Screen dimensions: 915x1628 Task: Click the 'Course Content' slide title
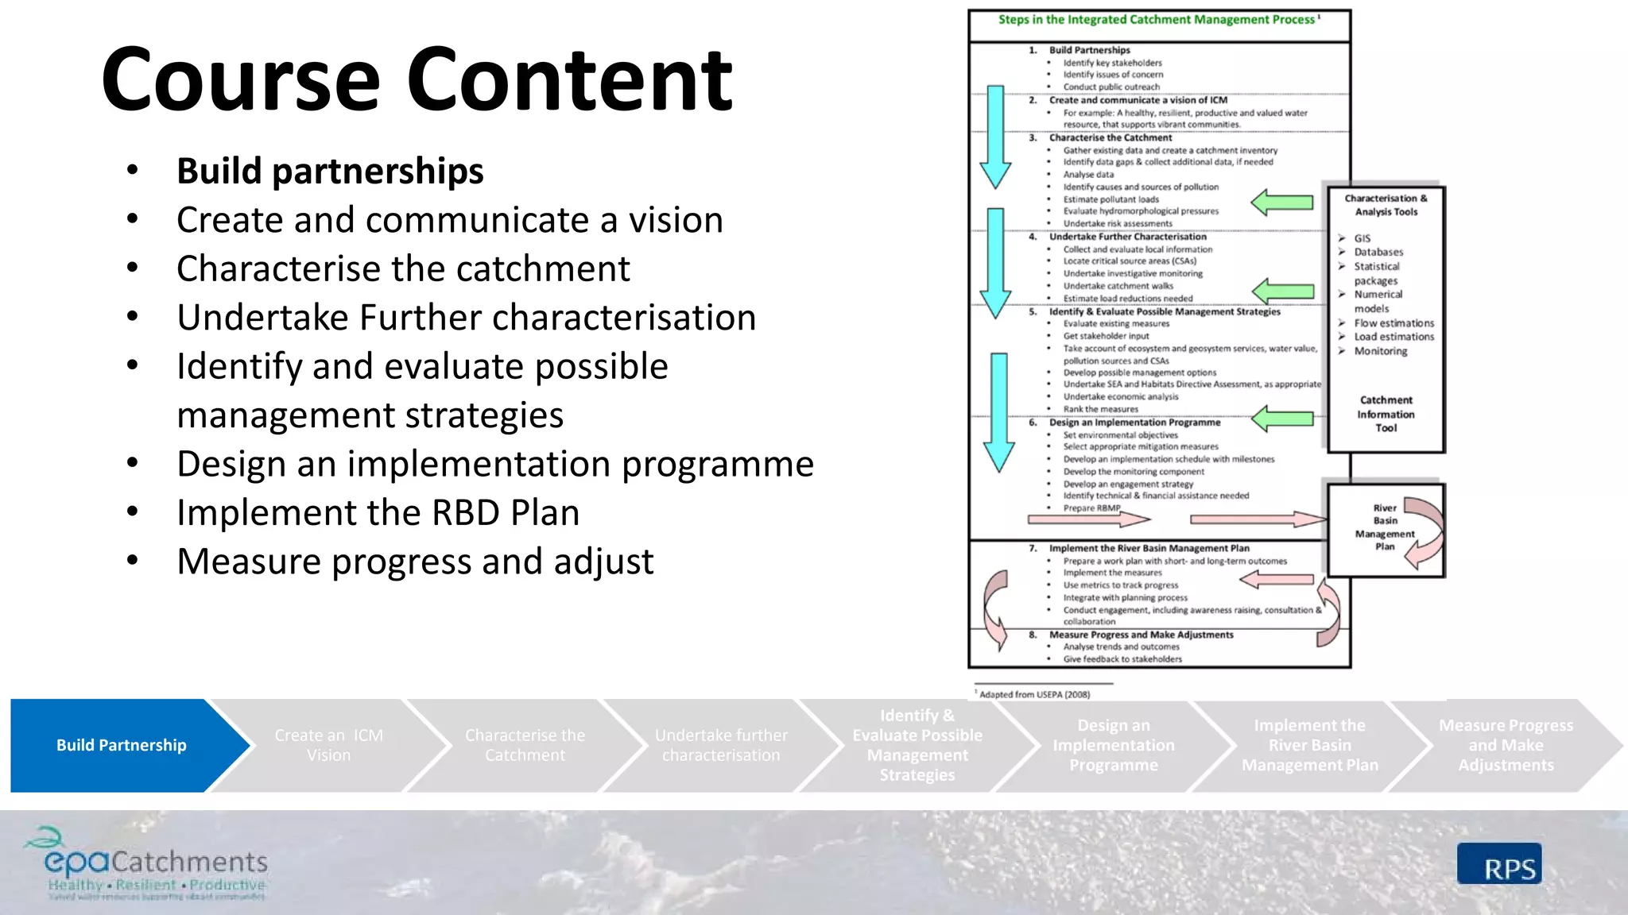click(417, 79)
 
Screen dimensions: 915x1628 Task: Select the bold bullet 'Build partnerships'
click(330, 171)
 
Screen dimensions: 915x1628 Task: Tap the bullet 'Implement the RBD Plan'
click(378, 512)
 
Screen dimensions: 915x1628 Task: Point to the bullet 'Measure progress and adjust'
click(415, 562)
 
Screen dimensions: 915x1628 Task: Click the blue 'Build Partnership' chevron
click(122, 745)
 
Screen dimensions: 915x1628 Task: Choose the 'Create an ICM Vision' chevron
click(328, 745)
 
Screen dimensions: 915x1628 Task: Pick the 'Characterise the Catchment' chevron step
click(525, 745)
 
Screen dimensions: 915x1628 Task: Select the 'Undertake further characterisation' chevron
click(721, 745)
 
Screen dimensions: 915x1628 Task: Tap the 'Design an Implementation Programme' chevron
click(1113, 745)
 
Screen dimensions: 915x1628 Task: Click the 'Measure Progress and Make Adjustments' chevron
click(1506, 745)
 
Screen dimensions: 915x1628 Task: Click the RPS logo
click(1499, 865)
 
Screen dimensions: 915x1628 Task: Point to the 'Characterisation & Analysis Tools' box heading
click(1386, 205)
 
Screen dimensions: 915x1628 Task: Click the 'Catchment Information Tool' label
click(1386, 414)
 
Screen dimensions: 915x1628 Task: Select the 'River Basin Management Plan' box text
click(1385, 527)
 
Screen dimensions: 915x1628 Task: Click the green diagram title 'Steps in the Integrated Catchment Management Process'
click(1157, 20)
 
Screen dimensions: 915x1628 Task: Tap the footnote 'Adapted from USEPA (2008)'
click(1033, 694)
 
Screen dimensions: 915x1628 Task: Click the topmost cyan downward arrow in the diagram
click(995, 135)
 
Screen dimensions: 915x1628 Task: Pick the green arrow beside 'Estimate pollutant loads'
click(1282, 203)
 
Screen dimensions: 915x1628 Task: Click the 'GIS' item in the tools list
click(1362, 238)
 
